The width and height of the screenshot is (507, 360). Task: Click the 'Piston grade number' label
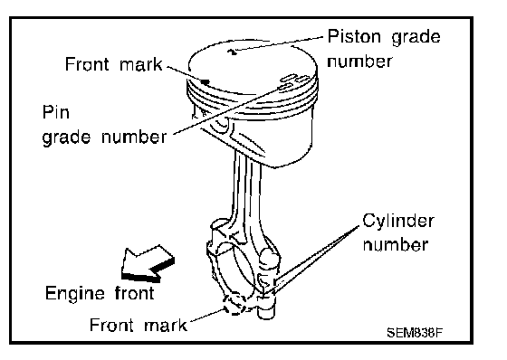click(x=384, y=49)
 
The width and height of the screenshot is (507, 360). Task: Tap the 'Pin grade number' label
click(x=104, y=126)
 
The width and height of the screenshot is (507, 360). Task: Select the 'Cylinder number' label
click(x=398, y=232)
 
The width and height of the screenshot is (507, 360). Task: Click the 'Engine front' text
click(x=100, y=293)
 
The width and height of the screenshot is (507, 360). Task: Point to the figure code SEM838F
click(x=415, y=332)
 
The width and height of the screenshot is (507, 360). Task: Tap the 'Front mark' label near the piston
click(x=113, y=64)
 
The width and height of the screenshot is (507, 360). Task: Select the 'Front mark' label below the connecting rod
click(x=138, y=325)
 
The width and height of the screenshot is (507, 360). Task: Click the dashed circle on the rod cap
click(x=235, y=304)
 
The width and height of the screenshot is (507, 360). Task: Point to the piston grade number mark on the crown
click(x=232, y=52)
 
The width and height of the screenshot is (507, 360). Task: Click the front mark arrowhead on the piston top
click(x=205, y=81)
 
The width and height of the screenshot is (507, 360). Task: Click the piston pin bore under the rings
click(x=222, y=123)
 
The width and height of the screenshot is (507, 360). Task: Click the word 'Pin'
click(x=55, y=112)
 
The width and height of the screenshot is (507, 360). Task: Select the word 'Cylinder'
click(x=398, y=223)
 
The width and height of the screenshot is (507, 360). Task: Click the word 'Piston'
click(x=354, y=36)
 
